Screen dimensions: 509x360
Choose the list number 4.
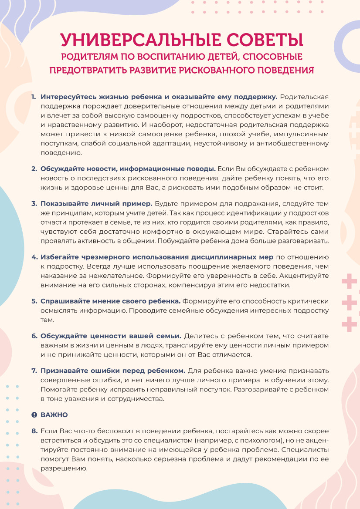pyautogui.click(x=34, y=257)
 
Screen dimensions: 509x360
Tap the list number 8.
pyautogui.click(x=34, y=431)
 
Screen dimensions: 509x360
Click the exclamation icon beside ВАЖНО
pyautogui.click(x=34, y=415)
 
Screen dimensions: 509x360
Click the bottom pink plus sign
pyautogui.click(x=349, y=324)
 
